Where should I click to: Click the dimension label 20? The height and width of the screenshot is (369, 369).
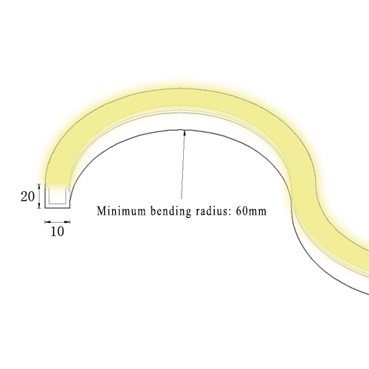click(x=27, y=197)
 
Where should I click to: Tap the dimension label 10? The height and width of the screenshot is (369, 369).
click(x=58, y=232)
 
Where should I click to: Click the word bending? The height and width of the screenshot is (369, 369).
click(x=170, y=211)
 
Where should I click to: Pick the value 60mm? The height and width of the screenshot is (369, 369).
click(x=251, y=211)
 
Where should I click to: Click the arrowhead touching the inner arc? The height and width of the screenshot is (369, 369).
click(x=184, y=133)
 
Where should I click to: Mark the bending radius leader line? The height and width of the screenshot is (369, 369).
click(x=183, y=165)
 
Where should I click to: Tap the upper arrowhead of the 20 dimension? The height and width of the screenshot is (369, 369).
click(x=39, y=187)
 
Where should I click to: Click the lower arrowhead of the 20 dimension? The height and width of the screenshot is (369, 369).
click(x=39, y=205)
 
